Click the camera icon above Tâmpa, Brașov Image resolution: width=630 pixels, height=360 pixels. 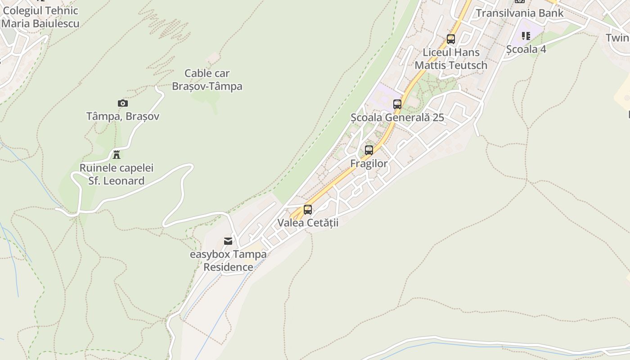pyautogui.click(x=122, y=103)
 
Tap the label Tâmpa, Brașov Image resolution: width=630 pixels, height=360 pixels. pyautogui.click(x=122, y=116)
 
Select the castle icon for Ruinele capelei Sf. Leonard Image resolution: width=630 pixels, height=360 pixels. pyautogui.click(x=117, y=155)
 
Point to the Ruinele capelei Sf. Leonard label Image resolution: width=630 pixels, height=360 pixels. pyautogui.click(x=117, y=174)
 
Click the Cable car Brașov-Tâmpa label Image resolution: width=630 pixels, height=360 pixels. pyautogui.click(x=207, y=80)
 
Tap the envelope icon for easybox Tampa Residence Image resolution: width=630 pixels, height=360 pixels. pyautogui.click(x=228, y=241)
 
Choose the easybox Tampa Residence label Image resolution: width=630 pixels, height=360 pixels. pyautogui.click(x=228, y=261)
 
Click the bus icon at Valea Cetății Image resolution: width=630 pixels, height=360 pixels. pyautogui.click(x=308, y=209)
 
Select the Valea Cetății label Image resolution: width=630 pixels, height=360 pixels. pyautogui.click(x=308, y=222)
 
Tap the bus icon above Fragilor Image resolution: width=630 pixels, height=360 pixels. pyautogui.click(x=369, y=150)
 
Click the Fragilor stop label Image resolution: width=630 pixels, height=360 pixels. pyautogui.click(x=369, y=163)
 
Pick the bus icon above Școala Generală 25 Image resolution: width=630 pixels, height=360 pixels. pyautogui.click(x=397, y=104)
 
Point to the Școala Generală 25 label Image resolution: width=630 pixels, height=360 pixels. pyautogui.click(x=397, y=117)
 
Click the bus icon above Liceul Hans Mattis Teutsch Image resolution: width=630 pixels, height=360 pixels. pyautogui.click(x=451, y=39)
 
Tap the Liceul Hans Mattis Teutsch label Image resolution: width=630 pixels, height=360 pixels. pyautogui.click(x=451, y=58)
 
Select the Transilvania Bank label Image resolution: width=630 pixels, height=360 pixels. pyautogui.click(x=519, y=13)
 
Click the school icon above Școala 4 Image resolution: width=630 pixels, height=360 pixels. pyautogui.click(x=526, y=36)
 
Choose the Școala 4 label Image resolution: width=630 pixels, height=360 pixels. pyautogui.click(x=526, y=49)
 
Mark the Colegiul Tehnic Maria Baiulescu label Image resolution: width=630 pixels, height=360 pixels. pyautogui.click(x=40, y=17)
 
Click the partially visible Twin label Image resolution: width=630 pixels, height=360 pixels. pyautogui.click(x=617, y=37)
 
